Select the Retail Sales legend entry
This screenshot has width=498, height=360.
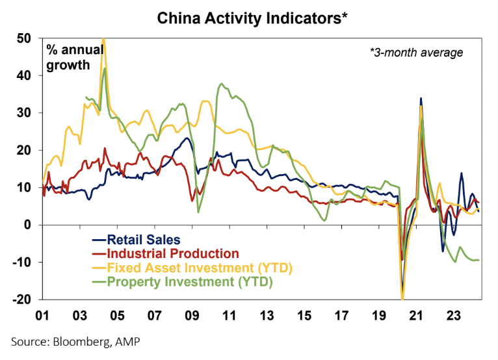[144, 239]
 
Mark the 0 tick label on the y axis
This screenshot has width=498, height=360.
[27, 225]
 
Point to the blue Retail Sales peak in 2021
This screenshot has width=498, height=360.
[421, 99]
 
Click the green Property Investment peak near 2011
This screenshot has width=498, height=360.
[222, 84]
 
